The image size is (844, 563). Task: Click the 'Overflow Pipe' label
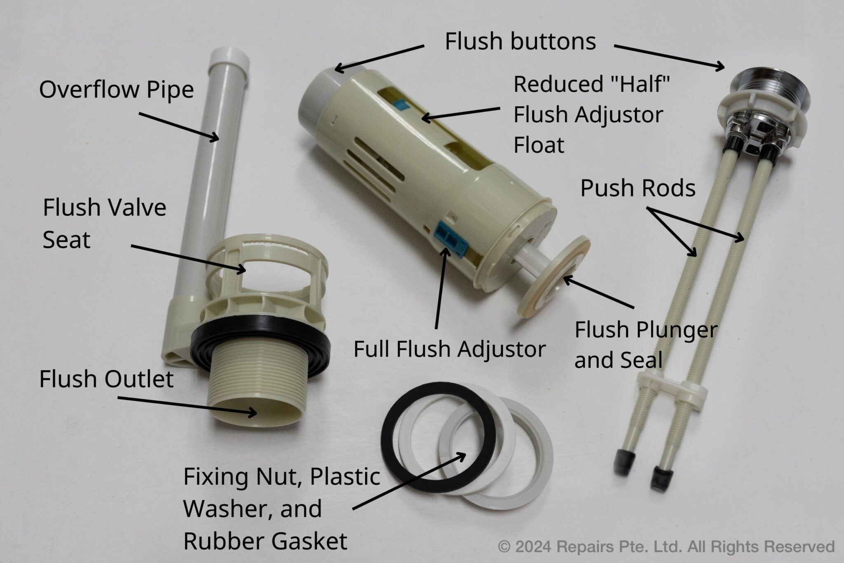point(116,90)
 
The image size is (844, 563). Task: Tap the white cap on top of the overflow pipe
point(229,60)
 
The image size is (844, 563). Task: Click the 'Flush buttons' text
point(520,42)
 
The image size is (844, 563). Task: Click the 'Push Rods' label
point(638,188)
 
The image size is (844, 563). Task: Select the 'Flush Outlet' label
point(106,379)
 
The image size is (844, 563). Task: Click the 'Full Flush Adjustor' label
point(449,349)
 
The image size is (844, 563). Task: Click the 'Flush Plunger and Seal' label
point(646,344)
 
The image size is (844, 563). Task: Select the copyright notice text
point(666,547)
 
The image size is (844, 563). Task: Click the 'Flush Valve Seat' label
point(104,223)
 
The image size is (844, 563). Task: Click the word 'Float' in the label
point(538,145)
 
